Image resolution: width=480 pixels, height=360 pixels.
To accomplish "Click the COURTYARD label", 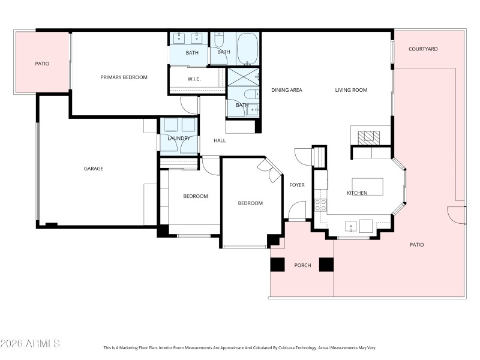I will [423, 49].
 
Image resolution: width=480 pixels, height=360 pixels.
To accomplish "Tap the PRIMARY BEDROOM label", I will [124, 77].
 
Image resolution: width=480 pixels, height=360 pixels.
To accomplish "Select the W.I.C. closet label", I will [193, 79].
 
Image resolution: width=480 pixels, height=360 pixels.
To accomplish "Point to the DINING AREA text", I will [286, 90].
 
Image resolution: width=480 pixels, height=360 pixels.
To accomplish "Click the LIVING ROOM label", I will [351, 90].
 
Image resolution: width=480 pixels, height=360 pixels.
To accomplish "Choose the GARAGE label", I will [93, 169].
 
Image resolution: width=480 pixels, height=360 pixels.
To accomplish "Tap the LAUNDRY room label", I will [179, 139].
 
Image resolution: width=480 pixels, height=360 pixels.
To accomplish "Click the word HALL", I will [220, 140].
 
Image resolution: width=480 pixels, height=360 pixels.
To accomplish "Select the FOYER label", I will [297, 185].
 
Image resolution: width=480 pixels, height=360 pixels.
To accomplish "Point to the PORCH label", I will [302, 265].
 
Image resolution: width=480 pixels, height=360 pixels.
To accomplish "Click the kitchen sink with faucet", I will [350, 226].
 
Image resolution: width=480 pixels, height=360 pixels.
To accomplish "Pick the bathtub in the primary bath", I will [247, 49].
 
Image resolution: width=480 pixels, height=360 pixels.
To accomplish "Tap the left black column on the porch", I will [277, 265].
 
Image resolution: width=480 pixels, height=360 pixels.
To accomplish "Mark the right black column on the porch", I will [326, 265].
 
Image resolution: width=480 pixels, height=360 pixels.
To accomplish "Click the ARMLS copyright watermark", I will [30, 344].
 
